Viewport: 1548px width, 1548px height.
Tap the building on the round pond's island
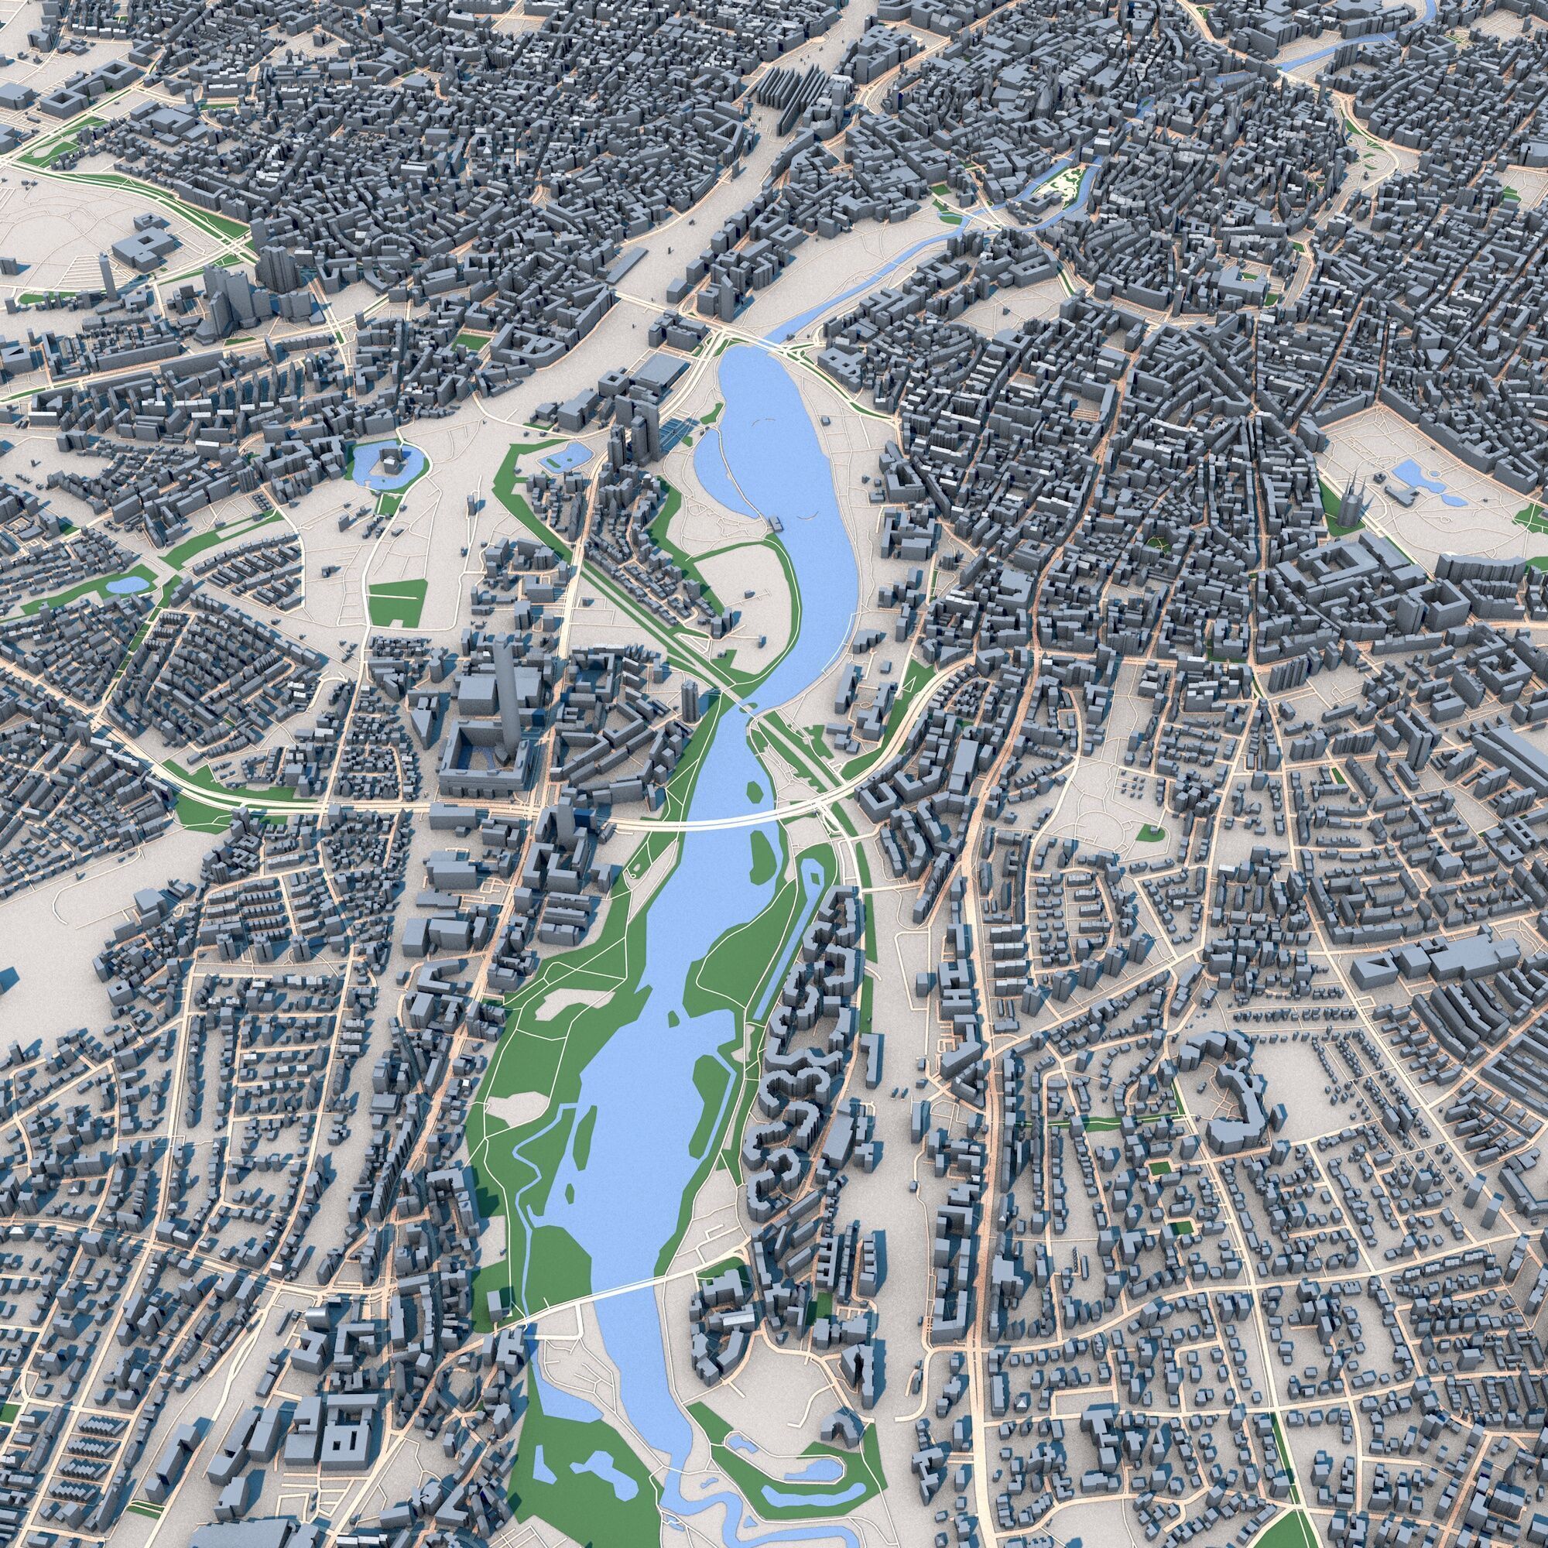click(390, 461)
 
